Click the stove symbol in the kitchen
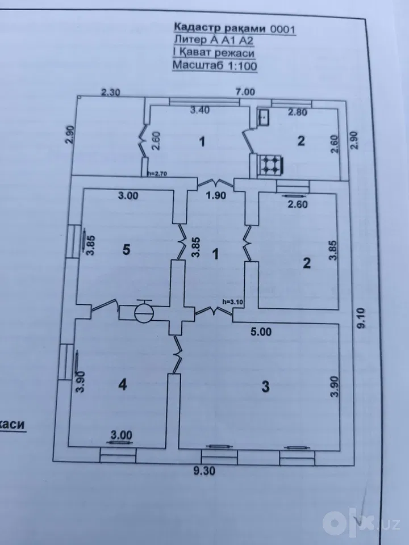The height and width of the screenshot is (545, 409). click(270, 165)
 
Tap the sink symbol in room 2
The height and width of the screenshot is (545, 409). click(263, 117)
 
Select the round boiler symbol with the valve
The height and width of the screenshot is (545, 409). click(144, 312)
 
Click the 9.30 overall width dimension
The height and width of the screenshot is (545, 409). click(204, 471)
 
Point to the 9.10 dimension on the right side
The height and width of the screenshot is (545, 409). click(362, 318)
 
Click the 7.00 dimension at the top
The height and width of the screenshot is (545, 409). click(245, 92)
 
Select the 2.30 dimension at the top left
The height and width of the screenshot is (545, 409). click(111, 93)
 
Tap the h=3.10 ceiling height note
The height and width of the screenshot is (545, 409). click(232, 301)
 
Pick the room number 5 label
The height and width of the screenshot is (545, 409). click(126, 249)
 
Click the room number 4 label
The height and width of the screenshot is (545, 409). click(123, 384)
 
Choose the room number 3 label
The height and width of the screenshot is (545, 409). click(265, 386)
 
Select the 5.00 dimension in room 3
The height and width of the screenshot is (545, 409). click(261, 332)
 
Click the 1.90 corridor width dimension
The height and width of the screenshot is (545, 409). click(216, 195)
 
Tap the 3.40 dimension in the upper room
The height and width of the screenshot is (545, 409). click(200, 110)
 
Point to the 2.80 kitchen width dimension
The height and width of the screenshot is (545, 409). click(297, 112)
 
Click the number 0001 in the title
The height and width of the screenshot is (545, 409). click(283, 29)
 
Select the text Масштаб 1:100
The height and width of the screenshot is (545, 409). click(215, 65)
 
